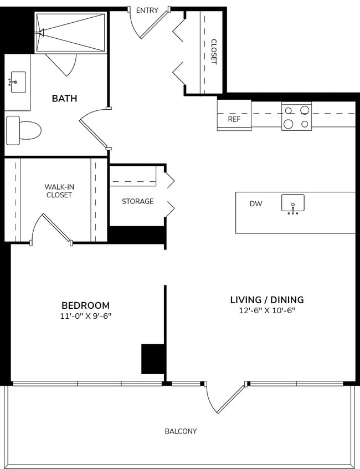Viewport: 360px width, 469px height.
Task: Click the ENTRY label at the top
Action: click(147, 10)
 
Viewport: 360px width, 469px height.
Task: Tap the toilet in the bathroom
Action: click(24, 130)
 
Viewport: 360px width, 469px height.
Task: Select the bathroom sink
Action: click(18, 81)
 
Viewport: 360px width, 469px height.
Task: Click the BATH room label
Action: click(64, 99)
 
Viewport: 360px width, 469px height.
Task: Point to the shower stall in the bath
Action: click(70, 33)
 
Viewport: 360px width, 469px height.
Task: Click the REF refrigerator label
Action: click(234, 119)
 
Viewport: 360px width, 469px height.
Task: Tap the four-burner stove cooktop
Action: click(296, 116)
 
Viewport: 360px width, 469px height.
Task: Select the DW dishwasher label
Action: click(255, 204)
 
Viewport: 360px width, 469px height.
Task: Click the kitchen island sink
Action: click(292, 203)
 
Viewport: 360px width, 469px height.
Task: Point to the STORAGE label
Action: click(137, 201)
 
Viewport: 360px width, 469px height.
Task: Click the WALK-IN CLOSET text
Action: click(59, 191)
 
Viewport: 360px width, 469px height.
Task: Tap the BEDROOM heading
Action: click(85, 305)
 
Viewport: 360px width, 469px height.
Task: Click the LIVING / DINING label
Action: click(267, 300)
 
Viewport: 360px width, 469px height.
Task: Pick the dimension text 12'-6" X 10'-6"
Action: click(267, 311)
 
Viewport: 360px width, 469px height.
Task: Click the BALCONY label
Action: click(181, 431)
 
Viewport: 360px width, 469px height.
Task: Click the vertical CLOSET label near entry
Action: click(214, 52)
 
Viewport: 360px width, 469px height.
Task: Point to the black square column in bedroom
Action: click(152, 359)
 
